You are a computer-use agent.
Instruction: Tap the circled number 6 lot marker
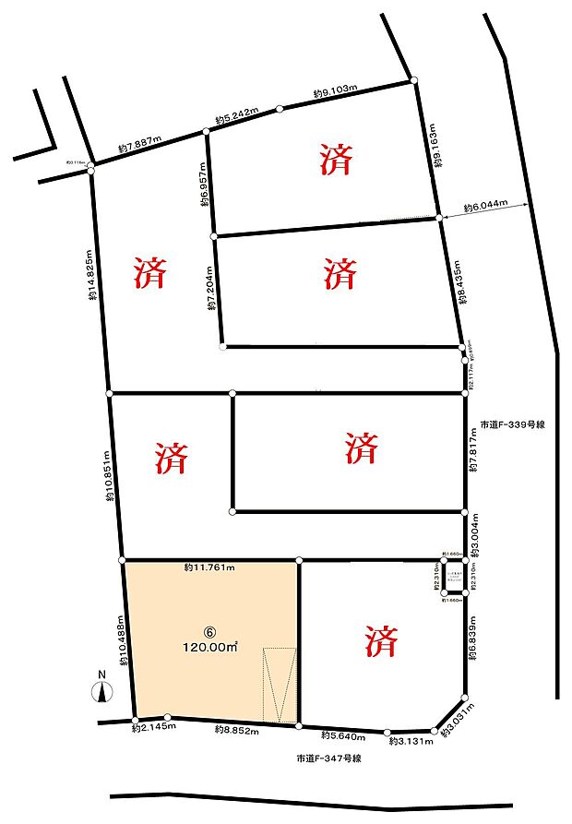click(x=210, y=634)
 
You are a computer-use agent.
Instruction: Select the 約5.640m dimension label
click(x=342, y=735)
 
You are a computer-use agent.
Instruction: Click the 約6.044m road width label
click(x=485, y=207)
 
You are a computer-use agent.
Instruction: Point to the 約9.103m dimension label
click(x=335, y=94)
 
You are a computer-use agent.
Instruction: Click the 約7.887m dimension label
click(x=139, y=145)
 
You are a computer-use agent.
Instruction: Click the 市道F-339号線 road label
click(x=514, y=425)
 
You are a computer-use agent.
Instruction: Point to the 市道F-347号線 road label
click(x=328, y=758)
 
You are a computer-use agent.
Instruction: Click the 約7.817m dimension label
click(x=473, y=450)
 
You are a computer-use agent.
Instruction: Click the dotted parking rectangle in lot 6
click(x=280, y=685)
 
